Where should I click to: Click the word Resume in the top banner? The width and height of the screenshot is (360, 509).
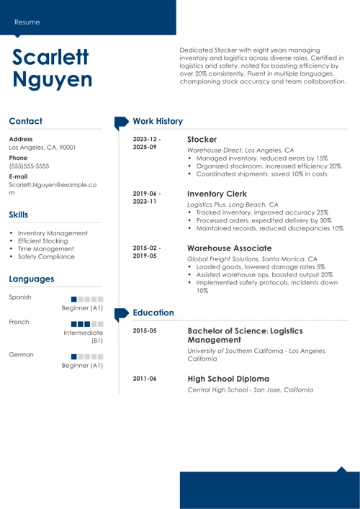pos(27,22)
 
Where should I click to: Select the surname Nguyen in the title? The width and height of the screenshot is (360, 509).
pos(53,80)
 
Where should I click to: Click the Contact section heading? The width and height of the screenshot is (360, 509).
pos(26,122)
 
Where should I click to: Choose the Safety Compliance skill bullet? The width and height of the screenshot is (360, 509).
pos(46,256)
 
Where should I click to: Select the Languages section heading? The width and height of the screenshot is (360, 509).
pos(32,279)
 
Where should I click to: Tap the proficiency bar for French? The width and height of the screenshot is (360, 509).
pos(88,323)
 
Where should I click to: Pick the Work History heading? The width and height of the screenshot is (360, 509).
pos(158,122)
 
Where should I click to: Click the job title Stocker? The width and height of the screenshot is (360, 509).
pos(202,139)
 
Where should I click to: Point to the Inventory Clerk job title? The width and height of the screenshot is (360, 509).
pos(217,194)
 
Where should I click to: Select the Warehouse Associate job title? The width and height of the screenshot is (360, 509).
pos(229,248)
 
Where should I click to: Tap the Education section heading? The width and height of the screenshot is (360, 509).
pos(153,313)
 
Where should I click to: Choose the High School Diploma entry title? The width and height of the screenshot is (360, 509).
pos(228,378)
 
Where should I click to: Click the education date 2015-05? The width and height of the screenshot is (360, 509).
pos(145,331)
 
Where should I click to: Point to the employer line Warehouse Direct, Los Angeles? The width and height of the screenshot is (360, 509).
pos(240,150)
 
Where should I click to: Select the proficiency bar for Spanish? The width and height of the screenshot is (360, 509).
pos(88,298)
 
